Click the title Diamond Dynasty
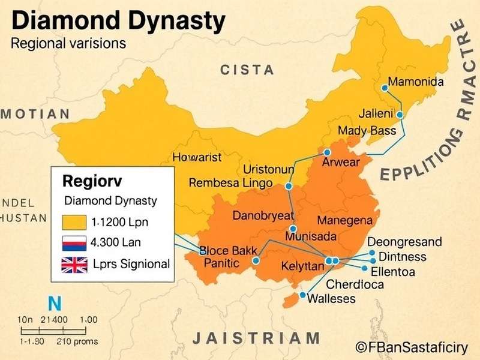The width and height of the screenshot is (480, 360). [x=119, y=21]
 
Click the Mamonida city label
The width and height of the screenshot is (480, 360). [x=416, y=82]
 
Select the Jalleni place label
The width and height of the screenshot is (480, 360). [x=376, y=113]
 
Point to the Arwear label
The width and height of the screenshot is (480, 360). [x=341, y=163]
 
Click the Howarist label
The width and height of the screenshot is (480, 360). [x=197, y=158]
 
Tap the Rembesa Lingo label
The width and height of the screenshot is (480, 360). [x=230, y=183]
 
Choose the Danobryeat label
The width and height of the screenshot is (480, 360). [x=263, y=215]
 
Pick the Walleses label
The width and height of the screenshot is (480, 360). [x=331, y=298]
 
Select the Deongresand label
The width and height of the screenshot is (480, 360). [x=404, y=242]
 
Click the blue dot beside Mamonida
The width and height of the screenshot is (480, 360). [x=385, y=88]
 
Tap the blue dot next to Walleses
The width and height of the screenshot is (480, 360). [x=303, y=295]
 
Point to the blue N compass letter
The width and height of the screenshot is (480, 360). [x=55, y=303]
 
